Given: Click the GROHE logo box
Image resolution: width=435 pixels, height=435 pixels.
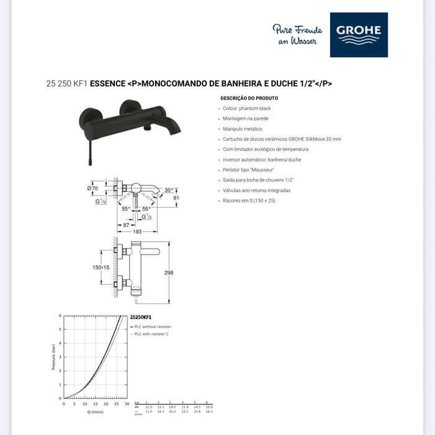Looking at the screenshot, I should click(x=359, y=35).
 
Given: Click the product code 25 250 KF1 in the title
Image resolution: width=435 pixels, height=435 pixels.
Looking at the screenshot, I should click(x=67, y=83).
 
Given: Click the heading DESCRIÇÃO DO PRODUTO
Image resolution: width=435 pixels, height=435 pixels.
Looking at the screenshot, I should click(x=249, y=98).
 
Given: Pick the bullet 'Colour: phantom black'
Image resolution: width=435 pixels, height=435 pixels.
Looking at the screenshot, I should click(x=246, y=108).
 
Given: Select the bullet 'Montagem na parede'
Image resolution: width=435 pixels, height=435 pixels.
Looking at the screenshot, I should click(x=246, y=118).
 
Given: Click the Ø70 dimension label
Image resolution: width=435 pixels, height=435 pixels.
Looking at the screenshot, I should click(x=93, y=187).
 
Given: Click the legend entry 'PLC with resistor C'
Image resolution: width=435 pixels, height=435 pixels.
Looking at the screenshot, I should click(x=151, y=334).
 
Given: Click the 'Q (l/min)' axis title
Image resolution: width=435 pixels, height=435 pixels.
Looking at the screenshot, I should click(x=95, y=411).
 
